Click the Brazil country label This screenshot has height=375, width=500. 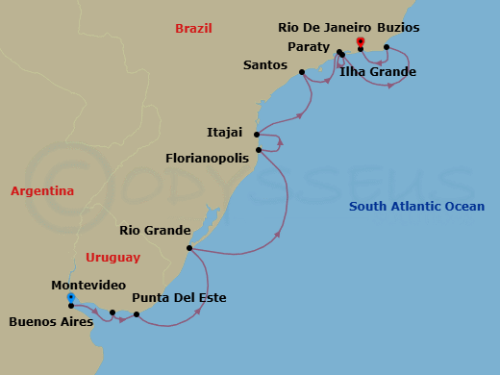point(193,29)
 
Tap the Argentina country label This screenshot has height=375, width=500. point(42,191)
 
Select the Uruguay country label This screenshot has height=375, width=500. point(112,257)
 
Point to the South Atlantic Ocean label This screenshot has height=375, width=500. point(416,207)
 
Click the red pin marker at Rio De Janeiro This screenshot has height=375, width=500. point(361,42)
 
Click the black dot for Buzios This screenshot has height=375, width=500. point(387,47)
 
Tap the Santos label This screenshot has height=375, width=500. point(265,65)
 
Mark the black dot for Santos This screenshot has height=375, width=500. point(302,72)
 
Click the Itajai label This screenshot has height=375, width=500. point(225,134)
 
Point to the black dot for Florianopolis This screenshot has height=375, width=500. point(259,150)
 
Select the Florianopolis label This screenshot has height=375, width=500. point(207,156)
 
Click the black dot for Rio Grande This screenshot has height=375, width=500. point(189,248)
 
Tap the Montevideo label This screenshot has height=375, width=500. point(88,286)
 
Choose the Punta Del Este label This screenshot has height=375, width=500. point(179,298)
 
